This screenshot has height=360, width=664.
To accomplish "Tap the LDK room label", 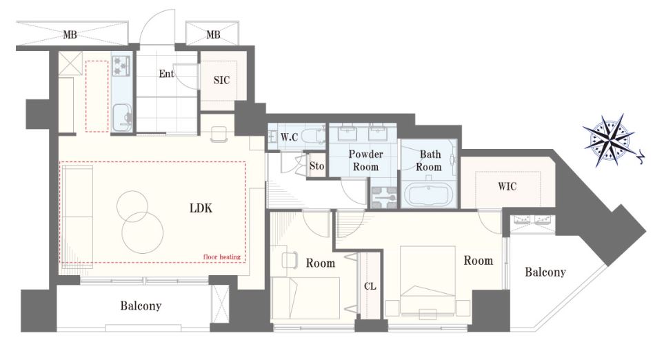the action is [x=201, y=208].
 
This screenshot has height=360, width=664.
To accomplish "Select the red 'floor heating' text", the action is [x=222, y=257].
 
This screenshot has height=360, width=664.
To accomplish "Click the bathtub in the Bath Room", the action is [x=429, y=193].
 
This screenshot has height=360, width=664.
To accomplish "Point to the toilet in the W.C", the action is [x=314, y=136].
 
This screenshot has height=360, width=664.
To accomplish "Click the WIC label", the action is [x=507, y=186].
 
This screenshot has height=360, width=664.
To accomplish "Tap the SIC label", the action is [x=221, y=80].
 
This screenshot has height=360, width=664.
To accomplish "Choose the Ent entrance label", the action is [x=166, y=74].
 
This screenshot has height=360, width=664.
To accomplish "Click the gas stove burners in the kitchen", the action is [x=122, y=66].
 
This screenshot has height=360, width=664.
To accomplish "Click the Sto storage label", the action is [x=316, y=166].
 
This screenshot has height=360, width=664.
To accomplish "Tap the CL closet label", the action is [x=370, y=286].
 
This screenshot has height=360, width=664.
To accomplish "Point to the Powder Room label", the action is [x=365, y=160].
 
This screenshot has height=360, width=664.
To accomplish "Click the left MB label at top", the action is [x=70, y=34].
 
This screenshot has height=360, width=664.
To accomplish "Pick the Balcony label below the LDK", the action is [x=141, y=306].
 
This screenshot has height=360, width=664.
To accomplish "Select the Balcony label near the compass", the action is [x=545, y=272].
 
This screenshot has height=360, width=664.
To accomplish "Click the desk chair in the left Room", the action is [x=289, y=259].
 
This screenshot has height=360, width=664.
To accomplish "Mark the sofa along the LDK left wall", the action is [x=78, y=216].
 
